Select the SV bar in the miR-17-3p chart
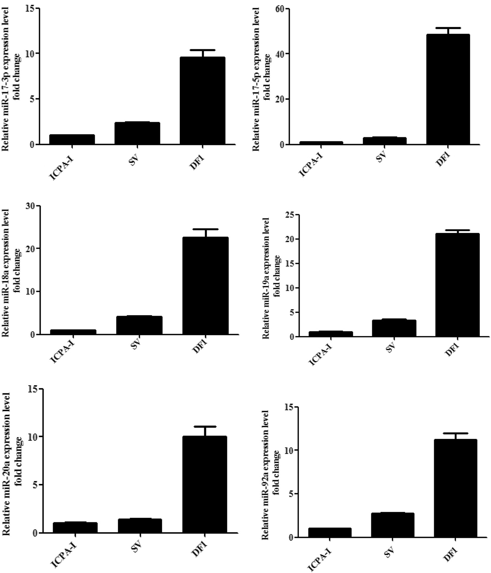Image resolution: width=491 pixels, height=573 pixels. tap(137, 133)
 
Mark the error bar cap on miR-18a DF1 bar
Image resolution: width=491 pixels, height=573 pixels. tap(205, 229)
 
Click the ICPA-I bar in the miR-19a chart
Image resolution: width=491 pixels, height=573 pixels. tap(331, 334)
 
